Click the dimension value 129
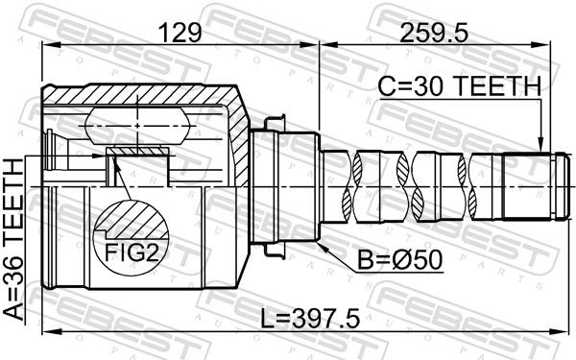click(x=180, y=34)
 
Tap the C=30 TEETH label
click(x=459, y=87)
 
